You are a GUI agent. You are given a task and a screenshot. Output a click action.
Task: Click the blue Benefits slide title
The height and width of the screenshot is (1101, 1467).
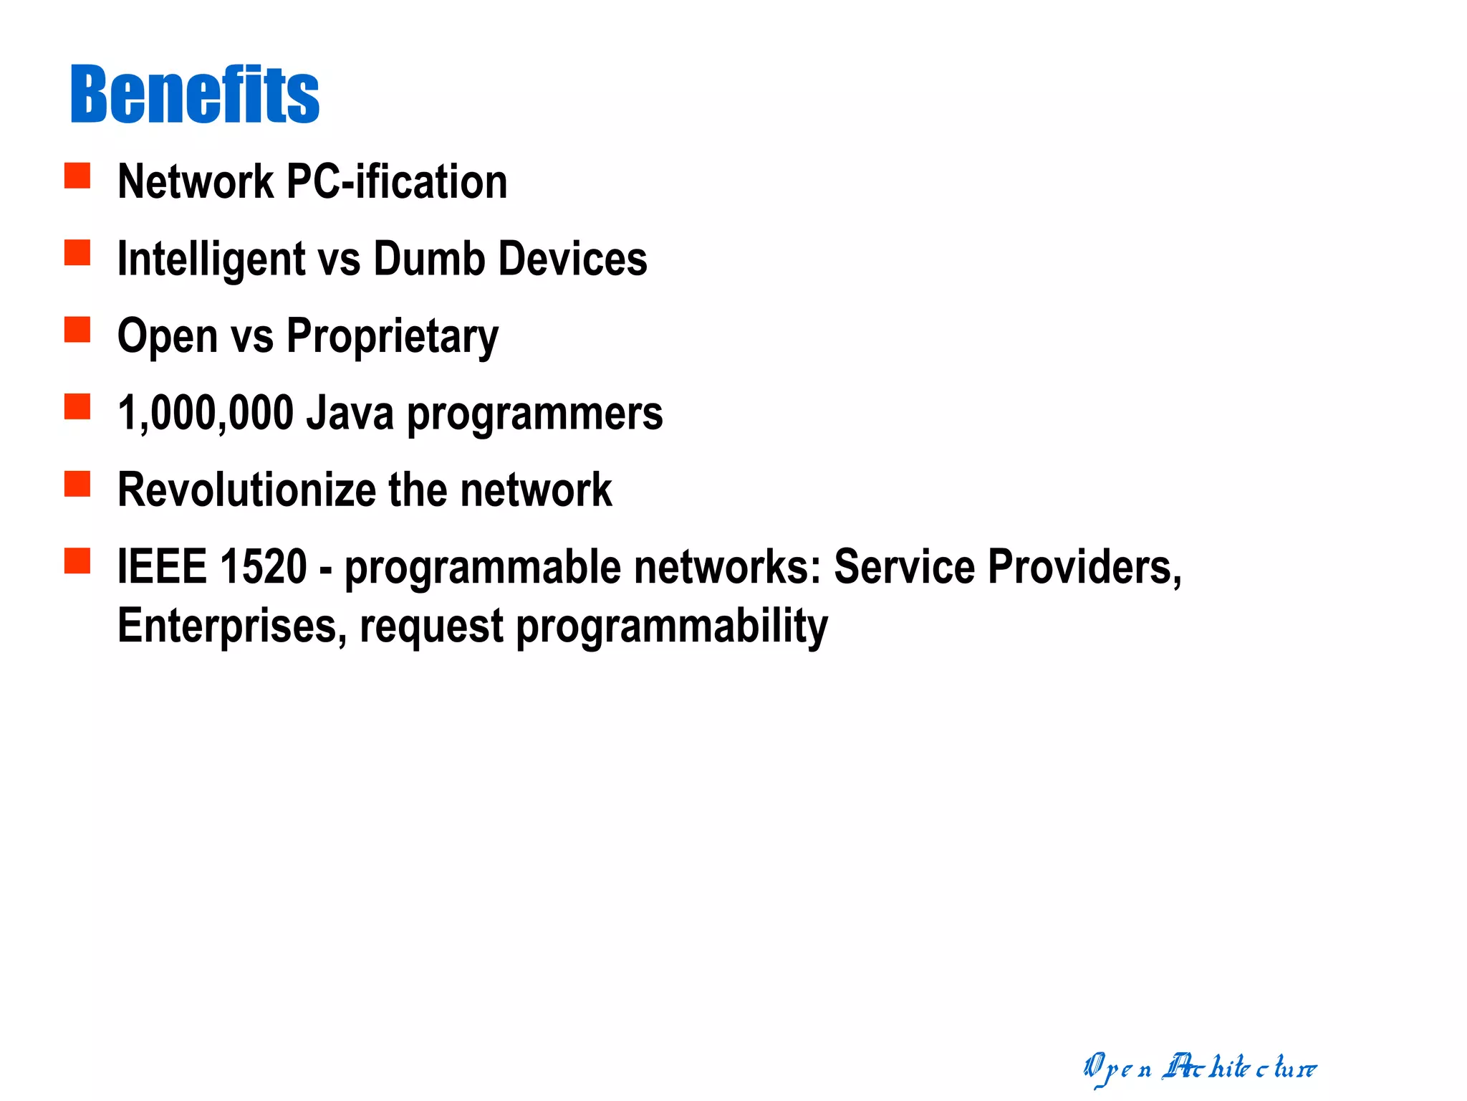[194, 94]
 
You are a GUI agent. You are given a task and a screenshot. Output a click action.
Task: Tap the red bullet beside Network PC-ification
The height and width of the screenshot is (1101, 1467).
[77, 176]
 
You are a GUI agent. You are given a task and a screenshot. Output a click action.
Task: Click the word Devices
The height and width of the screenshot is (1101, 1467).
[572, 259]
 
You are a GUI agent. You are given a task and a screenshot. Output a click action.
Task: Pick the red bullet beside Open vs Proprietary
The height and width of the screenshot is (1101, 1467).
[77, 330]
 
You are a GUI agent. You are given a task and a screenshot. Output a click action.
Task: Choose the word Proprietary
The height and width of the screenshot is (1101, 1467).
[392, 336]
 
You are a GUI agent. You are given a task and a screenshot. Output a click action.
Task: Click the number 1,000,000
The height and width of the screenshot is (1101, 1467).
[206, 414]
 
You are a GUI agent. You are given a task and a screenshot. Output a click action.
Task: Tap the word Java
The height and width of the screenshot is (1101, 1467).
[350, 414]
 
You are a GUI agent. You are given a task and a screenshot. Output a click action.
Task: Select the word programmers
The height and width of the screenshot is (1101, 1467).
[534, 415]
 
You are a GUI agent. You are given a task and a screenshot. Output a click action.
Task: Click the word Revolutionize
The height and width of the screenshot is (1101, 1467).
[246, 490]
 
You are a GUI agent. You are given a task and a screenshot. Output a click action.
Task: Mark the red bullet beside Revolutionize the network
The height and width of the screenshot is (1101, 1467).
[77, 484]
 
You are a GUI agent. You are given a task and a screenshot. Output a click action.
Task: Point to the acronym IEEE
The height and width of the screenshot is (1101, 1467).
[162, 567]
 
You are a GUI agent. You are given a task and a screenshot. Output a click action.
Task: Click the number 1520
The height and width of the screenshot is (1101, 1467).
[264, 567]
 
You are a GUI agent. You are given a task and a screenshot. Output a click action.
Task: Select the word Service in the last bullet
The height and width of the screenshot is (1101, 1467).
[904, 567]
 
